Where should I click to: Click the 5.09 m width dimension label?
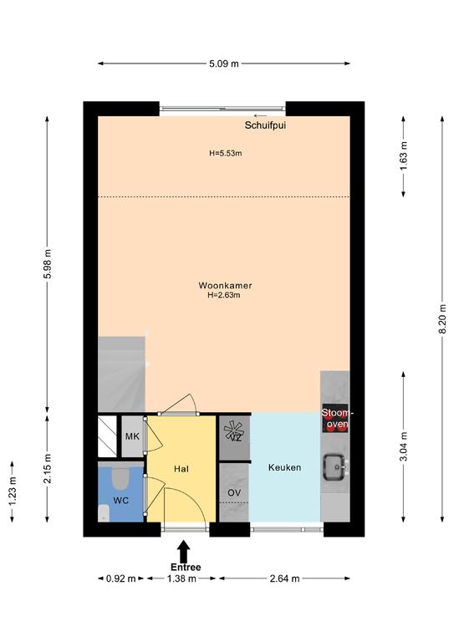point(224,64)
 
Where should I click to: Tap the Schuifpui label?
point(265,125)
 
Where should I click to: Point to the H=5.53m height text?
point(226,154)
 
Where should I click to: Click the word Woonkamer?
point(225,285)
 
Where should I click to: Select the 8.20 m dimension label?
point(442,319)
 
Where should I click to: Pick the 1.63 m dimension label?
point(404,156)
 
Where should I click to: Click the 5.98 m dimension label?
point(48,263)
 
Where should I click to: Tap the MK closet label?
point(132,436)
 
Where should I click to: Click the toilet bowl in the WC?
point(120,478)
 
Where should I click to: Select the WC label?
point(121,501)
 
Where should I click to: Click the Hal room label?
point(181,469)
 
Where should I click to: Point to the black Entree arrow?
point(185,552)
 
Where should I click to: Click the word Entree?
point(186,567)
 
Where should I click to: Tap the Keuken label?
point(284,467)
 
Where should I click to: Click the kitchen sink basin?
point(335,466)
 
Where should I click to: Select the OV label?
point(234,493)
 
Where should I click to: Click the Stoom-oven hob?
point(335,419)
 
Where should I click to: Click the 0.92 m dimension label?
point(120,578)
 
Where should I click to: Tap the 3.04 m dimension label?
point(404,446)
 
